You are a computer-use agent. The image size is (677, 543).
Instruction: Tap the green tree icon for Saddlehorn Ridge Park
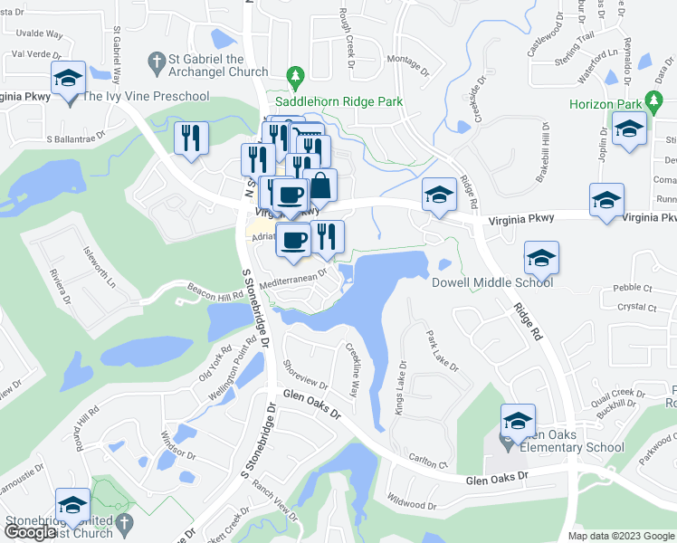tap(293, 75)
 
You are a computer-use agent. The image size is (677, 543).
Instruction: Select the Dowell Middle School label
tap(491, 282)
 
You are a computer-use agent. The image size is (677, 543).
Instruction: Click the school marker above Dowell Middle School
tap(541, 259)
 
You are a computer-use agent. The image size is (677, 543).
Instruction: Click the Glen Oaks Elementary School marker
tap(518, 421)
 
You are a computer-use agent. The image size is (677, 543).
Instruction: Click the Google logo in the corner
tap(30, 533)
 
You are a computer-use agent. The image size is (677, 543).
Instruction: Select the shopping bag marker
tap(319, 186)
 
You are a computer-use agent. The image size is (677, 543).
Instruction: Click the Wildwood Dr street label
tap(412, 500)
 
